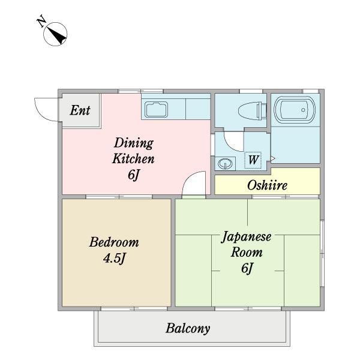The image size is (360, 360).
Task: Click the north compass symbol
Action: [x=55, y=34]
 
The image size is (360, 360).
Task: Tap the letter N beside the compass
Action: [x=41, y=21]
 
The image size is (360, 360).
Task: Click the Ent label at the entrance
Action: [x=80, y=110]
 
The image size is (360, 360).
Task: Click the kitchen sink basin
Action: [x=156, y=110]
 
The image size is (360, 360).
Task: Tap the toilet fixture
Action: [x=252, y=110]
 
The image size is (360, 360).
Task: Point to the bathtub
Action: [x=295, y=110]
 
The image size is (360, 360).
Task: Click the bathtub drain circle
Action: [x=303, y=110]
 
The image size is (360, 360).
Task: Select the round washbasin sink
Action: [x=225, y=164]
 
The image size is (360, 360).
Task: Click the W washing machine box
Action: [x=253, y=160]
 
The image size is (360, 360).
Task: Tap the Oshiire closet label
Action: [x=267, y=185]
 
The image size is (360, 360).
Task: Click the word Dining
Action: [x=134, y=143]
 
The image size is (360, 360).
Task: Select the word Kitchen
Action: [x=133, y=158]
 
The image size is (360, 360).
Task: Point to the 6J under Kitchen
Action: [x=134, y=175]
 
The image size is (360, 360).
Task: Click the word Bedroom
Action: [x=114, y=242]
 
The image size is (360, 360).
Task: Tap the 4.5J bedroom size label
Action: [x=114, y=259]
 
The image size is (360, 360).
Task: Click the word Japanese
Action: [x=247, y=236]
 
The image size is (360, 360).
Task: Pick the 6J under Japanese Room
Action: [x=247, y=268]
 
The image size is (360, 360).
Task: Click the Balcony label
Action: [x=188, y=329]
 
